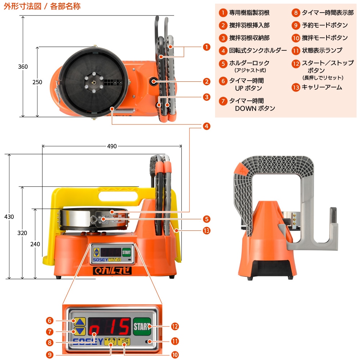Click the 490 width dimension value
click(x=112, y=146)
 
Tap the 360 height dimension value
click(x=23, y=67)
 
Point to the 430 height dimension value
click(x=9, y=217)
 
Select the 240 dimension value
click(x=35, y=244)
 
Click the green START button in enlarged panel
click(x=142, y=327)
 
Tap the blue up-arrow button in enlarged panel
click(x=80, y=321)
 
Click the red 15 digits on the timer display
click(x=120, y=327)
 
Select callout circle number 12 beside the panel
click(x=175, y=327)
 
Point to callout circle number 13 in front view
click(x=207, y=230)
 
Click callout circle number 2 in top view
click(x=207, y=82)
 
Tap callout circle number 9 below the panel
click(x=50, y=355)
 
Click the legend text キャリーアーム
click(x=322, y=87)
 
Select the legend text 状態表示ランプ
click(x=322, y=50)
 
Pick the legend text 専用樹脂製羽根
click(x=249, y=13)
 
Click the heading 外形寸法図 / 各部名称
click(x=42, y=6)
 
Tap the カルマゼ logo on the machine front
click(x=112, y=271)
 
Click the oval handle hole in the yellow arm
click(x=118, y=196)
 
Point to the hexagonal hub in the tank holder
click(x=94, y=82)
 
